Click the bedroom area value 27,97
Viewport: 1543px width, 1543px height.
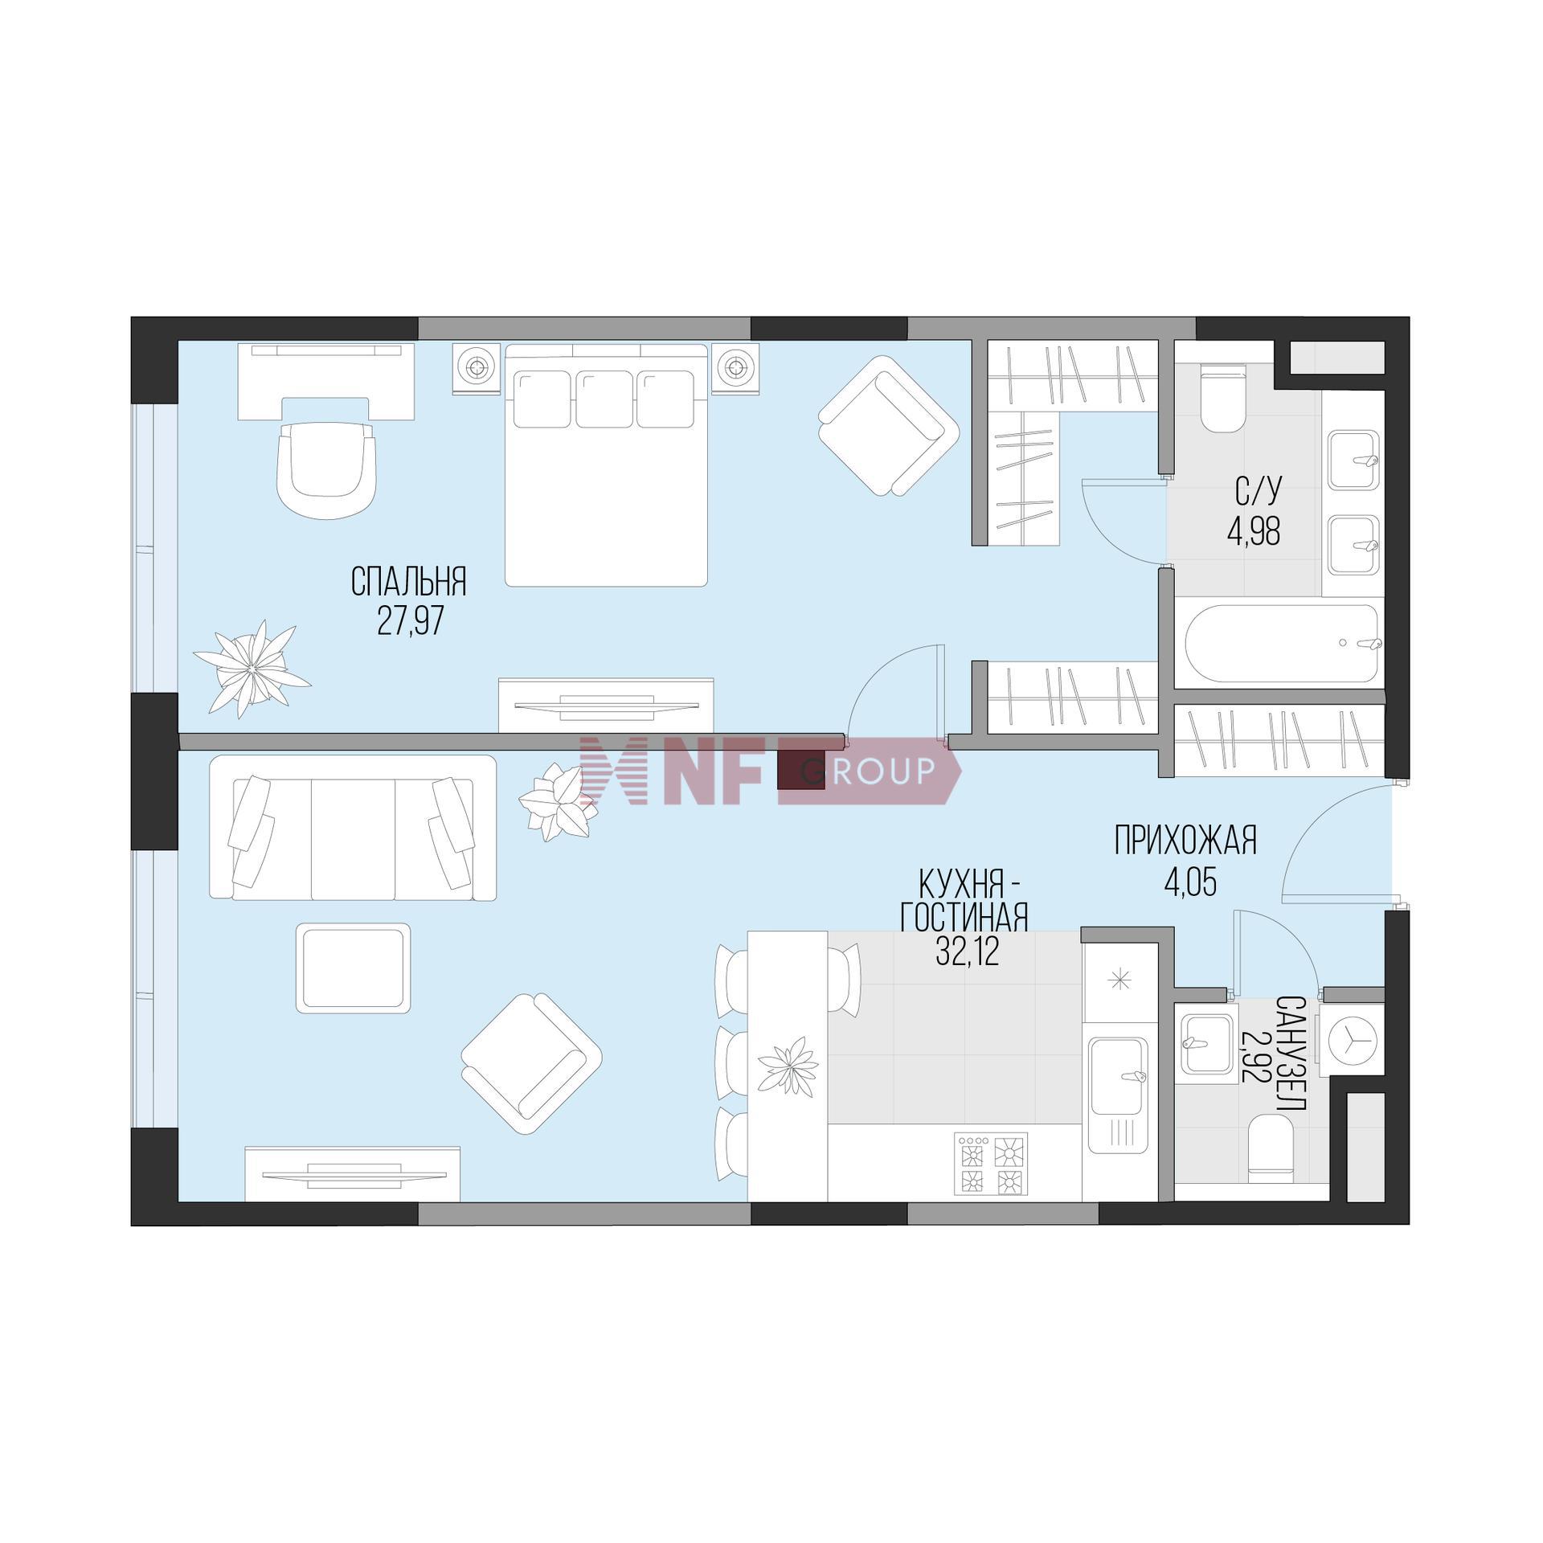pos(410,621)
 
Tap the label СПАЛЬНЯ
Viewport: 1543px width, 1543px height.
pos(409,581)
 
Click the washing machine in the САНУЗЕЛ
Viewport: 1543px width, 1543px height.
pos(1354,1039)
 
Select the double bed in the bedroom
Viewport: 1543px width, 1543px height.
pos(607,465)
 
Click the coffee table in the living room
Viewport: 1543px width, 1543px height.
pos(354,968)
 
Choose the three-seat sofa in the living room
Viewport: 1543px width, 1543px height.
pos(353,828)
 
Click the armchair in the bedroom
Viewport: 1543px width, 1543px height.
pos(889,426)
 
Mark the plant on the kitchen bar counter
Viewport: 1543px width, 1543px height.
pos(788,1066)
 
